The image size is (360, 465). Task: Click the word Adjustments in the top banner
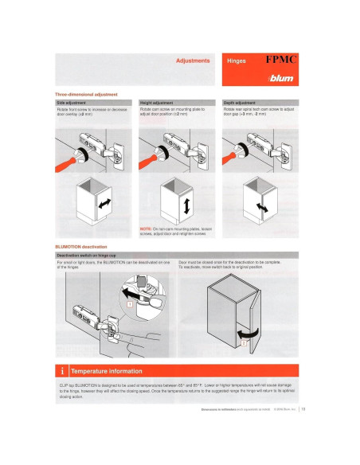[193, 60]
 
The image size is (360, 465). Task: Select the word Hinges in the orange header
[237, 61]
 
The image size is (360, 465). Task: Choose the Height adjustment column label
[157, 103]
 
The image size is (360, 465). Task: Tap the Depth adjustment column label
[240, 103]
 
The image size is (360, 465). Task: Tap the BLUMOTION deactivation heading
[85, 246]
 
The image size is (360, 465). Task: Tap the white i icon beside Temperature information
[61, 370]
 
